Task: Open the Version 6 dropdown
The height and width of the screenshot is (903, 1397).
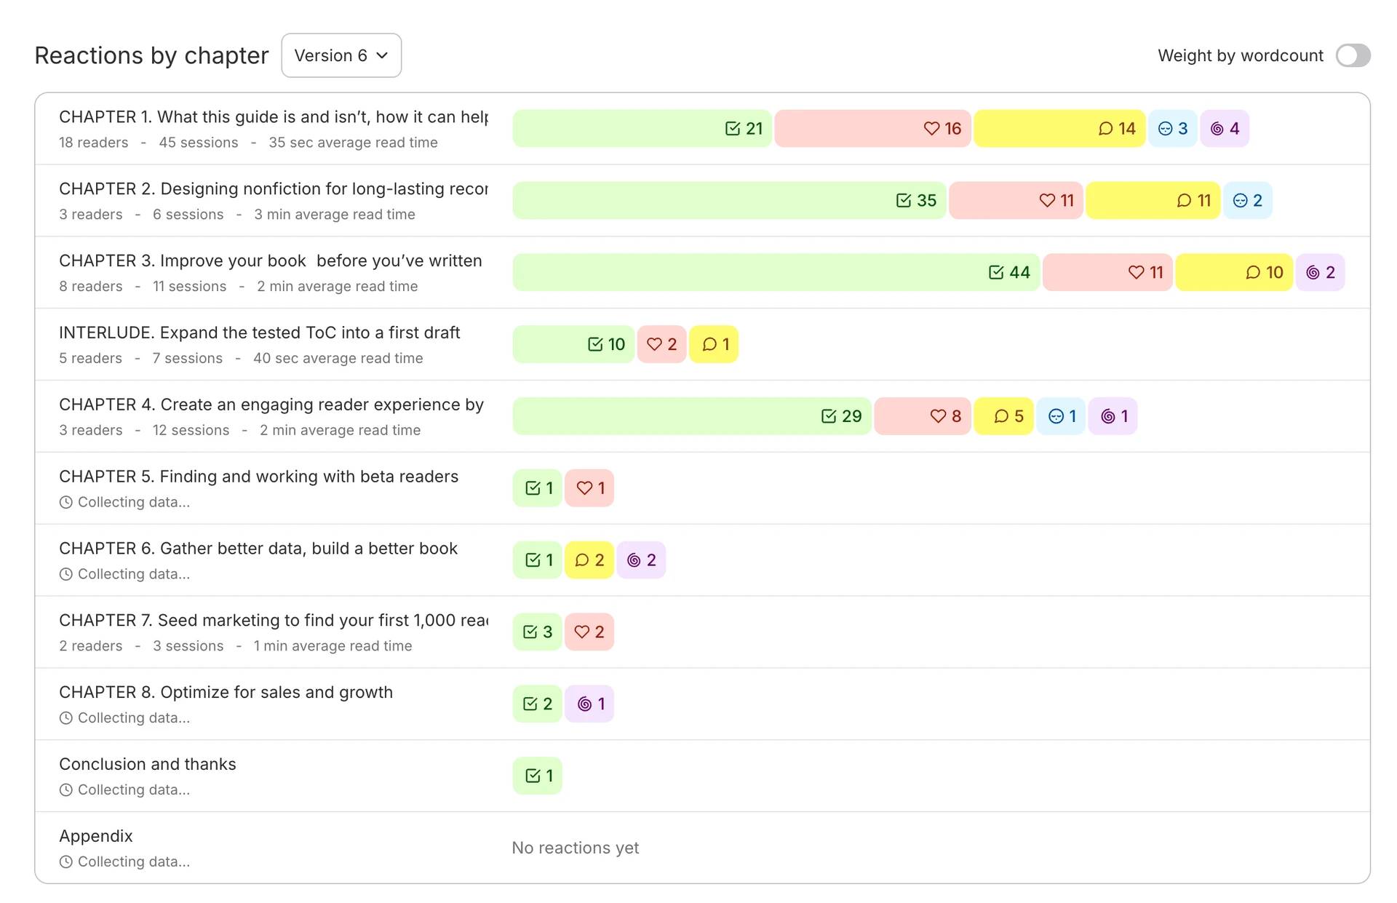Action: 341,55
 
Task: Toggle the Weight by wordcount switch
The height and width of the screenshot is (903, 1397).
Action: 1353,55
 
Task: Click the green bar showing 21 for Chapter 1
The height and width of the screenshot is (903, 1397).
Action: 642,129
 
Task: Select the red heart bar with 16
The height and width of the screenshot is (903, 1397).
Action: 872,129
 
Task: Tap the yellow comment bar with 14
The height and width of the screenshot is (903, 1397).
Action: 1059,129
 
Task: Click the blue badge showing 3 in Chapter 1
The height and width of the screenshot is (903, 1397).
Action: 1172,129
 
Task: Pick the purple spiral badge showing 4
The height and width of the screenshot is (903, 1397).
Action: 1225,129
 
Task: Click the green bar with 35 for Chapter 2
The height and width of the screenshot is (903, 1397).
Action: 729,201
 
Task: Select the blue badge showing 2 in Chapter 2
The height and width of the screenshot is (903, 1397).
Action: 1247,201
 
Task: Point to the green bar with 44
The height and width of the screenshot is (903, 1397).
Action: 776,273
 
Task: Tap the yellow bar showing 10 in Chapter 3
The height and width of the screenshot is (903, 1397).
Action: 1234,273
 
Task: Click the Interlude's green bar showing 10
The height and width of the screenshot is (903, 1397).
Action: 573,344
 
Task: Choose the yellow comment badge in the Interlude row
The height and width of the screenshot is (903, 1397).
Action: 714,344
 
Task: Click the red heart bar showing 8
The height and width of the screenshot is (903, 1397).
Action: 923,416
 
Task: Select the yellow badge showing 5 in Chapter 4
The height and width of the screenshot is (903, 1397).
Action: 1003,416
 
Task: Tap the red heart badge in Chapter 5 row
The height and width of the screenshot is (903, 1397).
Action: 589,488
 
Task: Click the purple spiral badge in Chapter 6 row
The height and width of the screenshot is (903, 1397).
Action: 641,560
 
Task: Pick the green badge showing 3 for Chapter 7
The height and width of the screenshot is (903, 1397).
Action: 537,632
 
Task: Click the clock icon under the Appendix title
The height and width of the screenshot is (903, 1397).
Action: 66,862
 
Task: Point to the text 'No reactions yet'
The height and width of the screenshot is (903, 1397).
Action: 576,848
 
